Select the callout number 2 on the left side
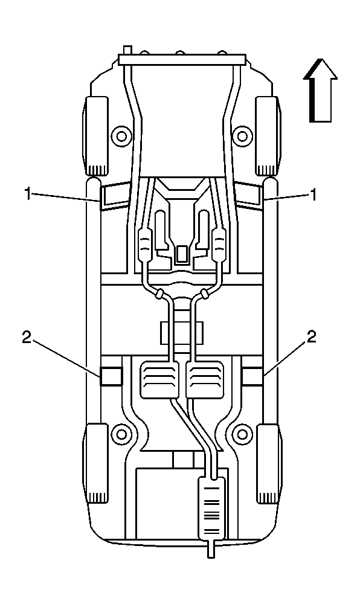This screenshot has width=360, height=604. [26, 338]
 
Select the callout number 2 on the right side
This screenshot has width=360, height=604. [312, 338]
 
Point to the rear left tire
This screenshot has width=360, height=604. [97, 463]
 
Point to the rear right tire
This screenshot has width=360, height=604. [268, 463]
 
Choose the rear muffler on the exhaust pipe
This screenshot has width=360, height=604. [211, 507]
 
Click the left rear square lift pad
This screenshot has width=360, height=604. [111, 376]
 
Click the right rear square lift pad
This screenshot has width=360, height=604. [252, 376]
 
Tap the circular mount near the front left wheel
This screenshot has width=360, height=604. [121, 134]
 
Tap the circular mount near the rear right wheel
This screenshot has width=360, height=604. [243, 432]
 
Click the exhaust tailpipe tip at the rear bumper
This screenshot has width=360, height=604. [211, 550]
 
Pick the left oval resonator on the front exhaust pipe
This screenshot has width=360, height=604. [145, 245]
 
